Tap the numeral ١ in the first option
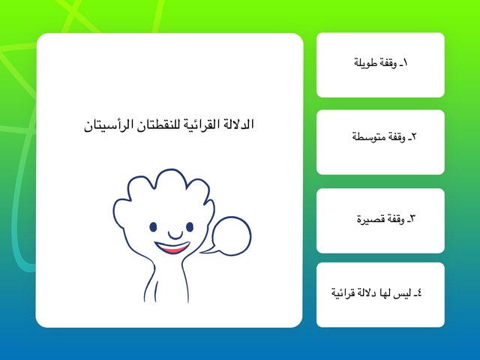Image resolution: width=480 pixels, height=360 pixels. (405, 63)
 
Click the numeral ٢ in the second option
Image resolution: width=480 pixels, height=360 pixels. (414, 136)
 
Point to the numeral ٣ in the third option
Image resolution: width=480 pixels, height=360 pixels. (412, 219)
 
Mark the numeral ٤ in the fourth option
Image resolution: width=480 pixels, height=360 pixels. (419, 292)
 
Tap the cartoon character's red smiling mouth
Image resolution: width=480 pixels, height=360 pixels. (172, 247)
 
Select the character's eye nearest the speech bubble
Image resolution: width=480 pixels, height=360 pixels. (190, 227)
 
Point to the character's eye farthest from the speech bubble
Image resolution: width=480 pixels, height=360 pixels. (153, 227)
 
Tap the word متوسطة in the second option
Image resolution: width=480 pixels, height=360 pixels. (365, 136)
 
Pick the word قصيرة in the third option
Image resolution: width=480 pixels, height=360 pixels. (368, 219)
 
